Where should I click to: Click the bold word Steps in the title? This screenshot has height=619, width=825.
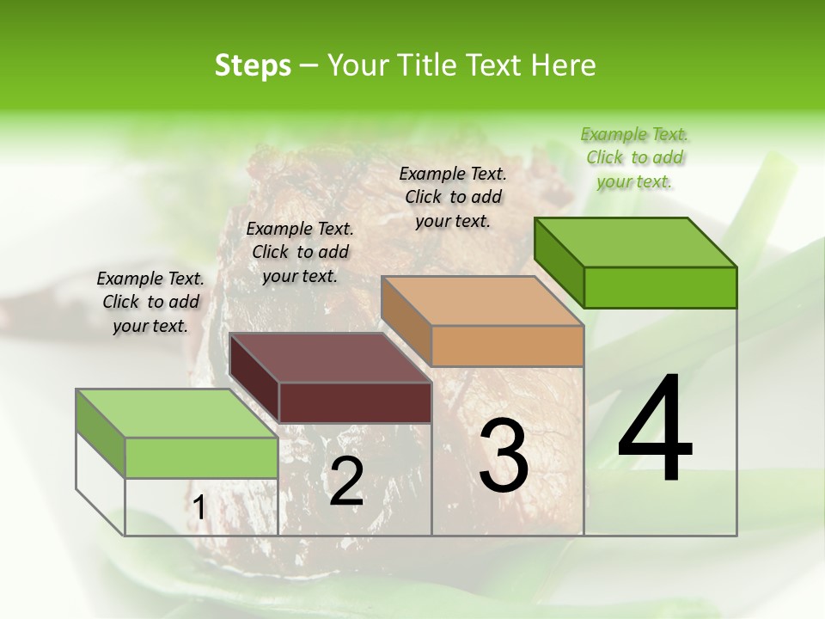tap(253, 65)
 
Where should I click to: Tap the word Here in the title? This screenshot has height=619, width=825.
tap(563, 65)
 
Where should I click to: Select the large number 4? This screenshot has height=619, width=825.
tap(655, 430)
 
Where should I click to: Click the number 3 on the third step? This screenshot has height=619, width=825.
tap(504, 456)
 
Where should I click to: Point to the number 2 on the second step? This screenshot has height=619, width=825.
tap(346, 481)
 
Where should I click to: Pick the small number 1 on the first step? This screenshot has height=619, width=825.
tap(199, 508)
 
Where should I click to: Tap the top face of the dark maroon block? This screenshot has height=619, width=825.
tap(331, 358)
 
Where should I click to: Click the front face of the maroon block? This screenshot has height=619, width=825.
tap(355, 402)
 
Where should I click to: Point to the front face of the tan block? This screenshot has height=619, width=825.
tap(508, 346)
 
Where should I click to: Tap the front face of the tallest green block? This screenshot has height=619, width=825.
tap(660, 287)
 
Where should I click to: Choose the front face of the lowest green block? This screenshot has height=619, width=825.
tap(201, 457)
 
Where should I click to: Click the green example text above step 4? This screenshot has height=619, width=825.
tap(634, 157)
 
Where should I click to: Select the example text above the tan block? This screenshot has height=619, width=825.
tap(453, 197)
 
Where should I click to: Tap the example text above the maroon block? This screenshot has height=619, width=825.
tap(300, 252)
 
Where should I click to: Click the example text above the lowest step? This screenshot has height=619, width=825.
tap(150, 302)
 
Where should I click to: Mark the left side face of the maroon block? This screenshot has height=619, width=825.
tap(254, 378)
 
